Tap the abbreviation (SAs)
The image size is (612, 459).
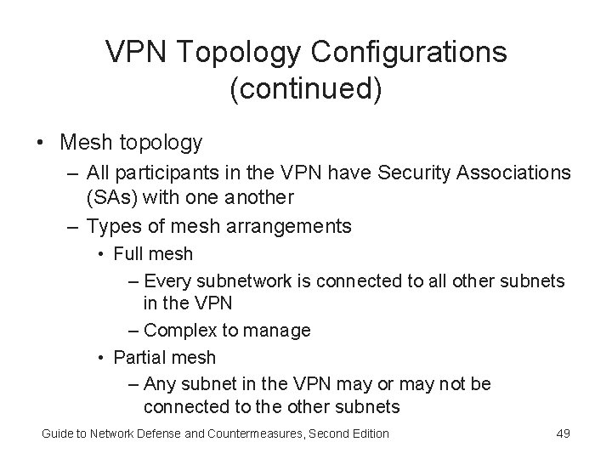click(x=113, y=197)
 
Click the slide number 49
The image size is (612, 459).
click(x=562, y=434)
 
